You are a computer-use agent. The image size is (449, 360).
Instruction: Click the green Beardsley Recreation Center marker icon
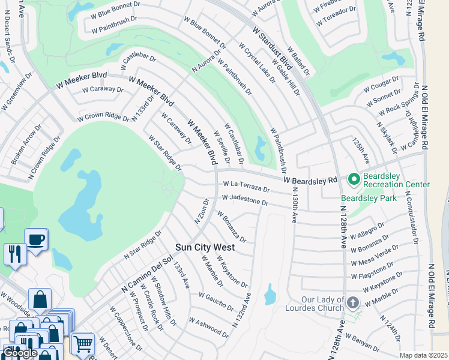[354, 179]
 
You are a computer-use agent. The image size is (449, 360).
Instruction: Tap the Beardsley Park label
[364, 197]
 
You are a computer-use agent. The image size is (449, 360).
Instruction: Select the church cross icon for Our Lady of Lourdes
[352, 302]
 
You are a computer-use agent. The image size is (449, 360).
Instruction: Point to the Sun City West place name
[205, 247]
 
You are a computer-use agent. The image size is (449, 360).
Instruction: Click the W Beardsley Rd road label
[310, 180]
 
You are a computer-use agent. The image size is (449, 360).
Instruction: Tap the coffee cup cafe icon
[35, 239]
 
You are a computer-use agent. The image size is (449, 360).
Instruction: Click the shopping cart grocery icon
[82, 343]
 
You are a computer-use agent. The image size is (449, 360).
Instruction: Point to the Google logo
[20, 353]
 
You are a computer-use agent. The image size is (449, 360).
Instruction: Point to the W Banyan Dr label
[364, 341]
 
